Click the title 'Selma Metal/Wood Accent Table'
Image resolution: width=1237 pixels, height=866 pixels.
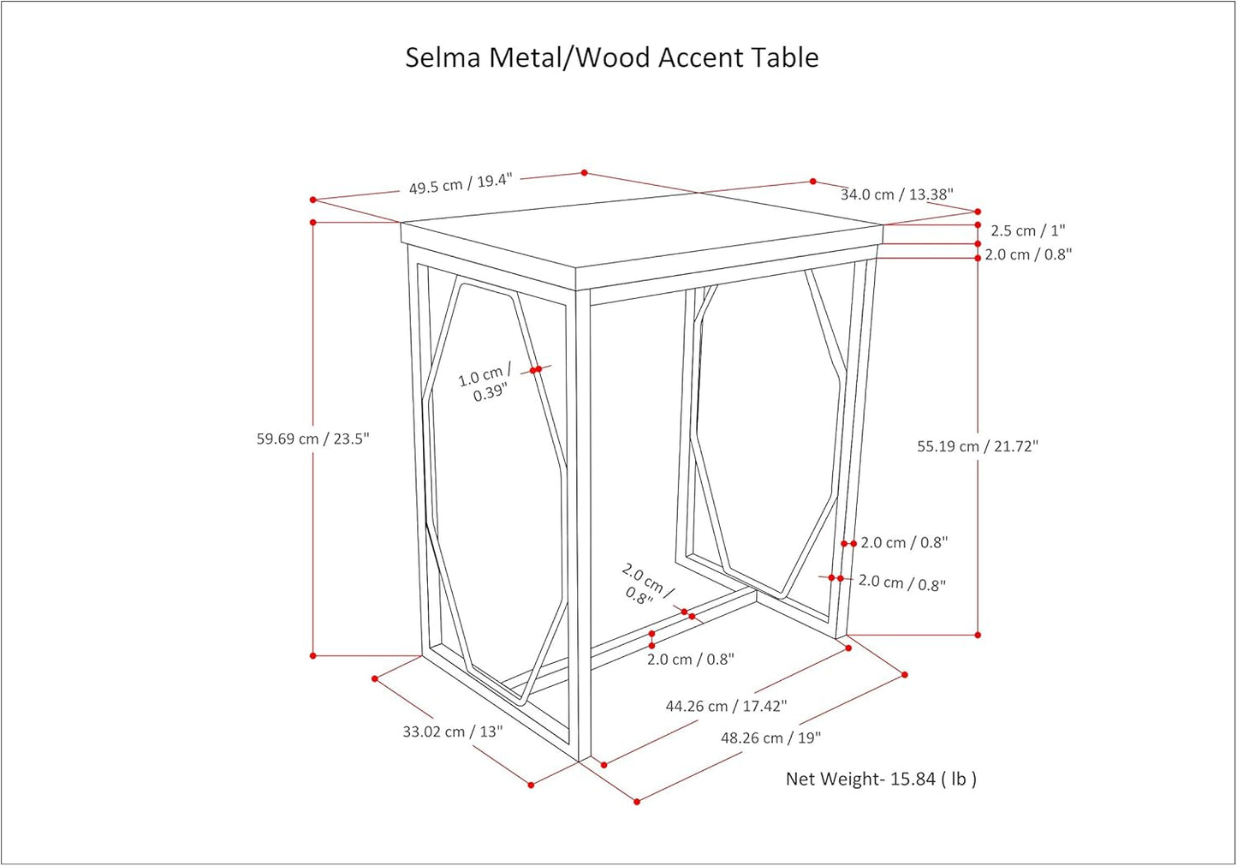tap(611, 57)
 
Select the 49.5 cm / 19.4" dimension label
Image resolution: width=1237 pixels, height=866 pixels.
tap(460, 183)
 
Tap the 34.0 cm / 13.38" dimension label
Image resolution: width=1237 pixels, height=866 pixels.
tap(896, 194)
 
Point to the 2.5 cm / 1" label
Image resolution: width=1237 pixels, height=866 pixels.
tap(1027, 230)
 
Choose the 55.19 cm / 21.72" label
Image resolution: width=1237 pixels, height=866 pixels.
tap(978, 446)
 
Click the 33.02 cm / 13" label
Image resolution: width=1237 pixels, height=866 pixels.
tap(453, 732)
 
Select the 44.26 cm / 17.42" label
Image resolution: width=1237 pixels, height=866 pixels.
tap(726, 706)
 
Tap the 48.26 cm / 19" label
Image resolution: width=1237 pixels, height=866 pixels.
tap(770, 738)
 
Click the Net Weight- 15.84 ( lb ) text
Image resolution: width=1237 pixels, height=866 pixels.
tap(881, 779)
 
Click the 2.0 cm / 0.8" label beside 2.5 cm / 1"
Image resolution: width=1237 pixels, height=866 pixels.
tap(1027, 254)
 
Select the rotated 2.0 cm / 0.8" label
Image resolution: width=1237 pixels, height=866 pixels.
tap(647, 583)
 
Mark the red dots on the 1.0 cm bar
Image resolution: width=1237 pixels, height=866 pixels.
tap(536, 370)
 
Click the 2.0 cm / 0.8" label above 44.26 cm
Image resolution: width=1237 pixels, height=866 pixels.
tap(690, 659)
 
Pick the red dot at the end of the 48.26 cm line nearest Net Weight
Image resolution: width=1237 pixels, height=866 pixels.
tap(905, 675)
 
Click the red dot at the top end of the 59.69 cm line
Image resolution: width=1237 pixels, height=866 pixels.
tap(313, 222)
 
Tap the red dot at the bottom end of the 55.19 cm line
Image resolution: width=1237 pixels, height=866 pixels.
tap(978, 635)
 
